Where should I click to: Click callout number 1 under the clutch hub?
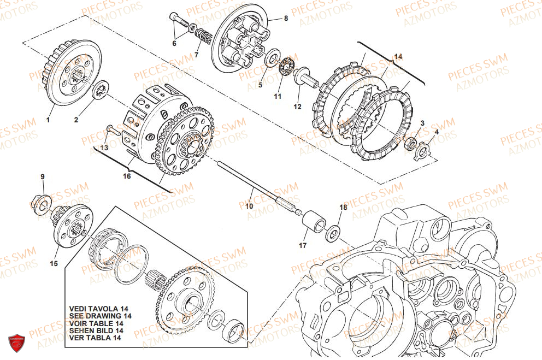tap(48, 120)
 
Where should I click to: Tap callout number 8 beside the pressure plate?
tap(285, 18)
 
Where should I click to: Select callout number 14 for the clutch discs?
tap(398, 56)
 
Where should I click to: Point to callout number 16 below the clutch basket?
tap(127, 176)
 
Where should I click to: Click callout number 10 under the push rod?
tap(249, 206)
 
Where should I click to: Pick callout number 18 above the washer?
tap(343, 208)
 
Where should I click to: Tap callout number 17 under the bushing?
tap(303, 245)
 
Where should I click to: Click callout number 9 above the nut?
tap(43, 176)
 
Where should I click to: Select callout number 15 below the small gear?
tap(54, 264)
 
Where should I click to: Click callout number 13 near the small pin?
tap(105, 147)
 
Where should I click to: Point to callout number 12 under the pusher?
tap(297, 107)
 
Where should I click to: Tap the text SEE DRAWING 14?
tap(101, 316)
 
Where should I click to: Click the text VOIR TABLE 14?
tap(96, 323)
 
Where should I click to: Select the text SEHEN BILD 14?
tap(96, 330)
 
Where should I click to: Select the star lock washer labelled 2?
tap(101, 91)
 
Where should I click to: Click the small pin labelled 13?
tap(114, 129)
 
